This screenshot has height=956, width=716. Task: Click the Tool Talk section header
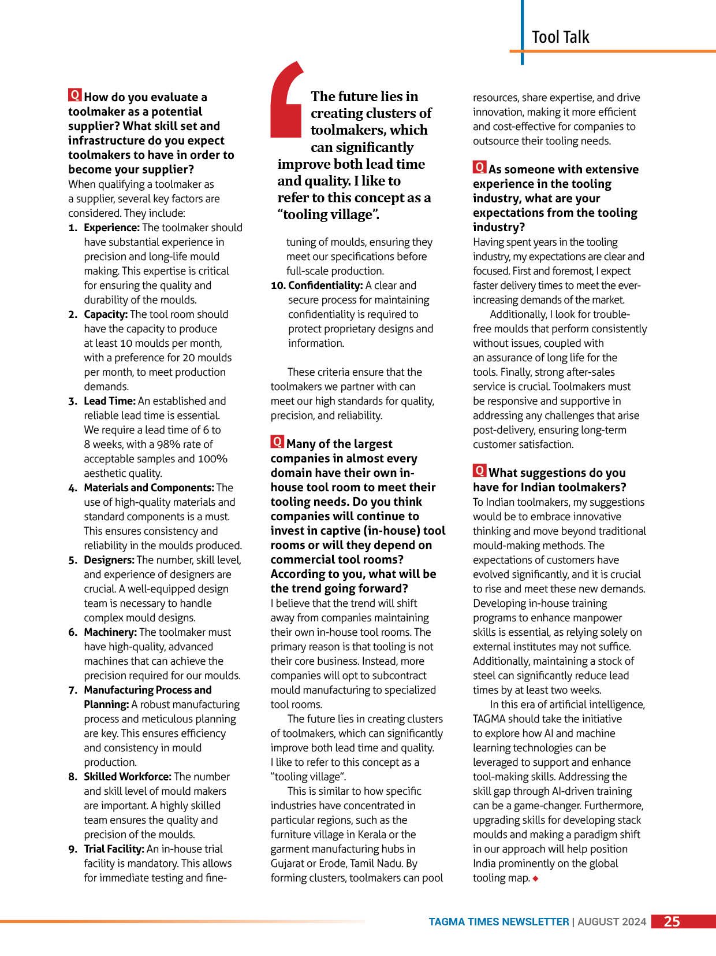[560, 37]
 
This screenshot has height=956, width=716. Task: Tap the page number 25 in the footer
[672, 921]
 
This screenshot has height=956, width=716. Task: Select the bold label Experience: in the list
[111, 228]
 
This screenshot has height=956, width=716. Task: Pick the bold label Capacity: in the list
[106, 314]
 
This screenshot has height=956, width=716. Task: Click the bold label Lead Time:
[110, 401]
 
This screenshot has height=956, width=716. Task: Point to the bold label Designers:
[109, 560]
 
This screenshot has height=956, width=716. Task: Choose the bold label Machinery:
[110, 632]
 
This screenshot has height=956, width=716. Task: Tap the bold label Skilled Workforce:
[127, 777]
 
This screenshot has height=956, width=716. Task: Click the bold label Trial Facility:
[114, 849]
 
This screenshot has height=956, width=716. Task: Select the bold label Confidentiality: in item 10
[325, 286]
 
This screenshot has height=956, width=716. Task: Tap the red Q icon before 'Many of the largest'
[277, 442]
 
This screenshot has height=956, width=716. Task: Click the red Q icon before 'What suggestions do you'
[479, 471]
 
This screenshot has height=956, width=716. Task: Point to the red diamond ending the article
[536, 879]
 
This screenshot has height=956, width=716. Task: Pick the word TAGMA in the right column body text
[489, 719]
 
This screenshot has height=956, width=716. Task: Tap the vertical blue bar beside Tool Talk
[523, 32]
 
